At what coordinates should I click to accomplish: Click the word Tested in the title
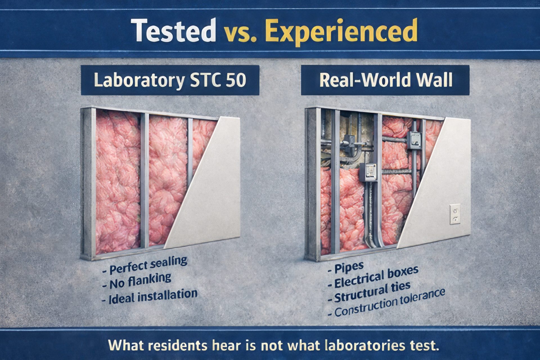pyautogui.click(x=173, y=30)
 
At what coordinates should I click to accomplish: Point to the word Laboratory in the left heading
pyautogui.click(x=139, y=80)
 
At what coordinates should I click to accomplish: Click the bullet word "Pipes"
pyautogui.click(x=349, y=268)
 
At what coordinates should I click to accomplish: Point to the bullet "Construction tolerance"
pyautogui.click(x=390, y=303)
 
